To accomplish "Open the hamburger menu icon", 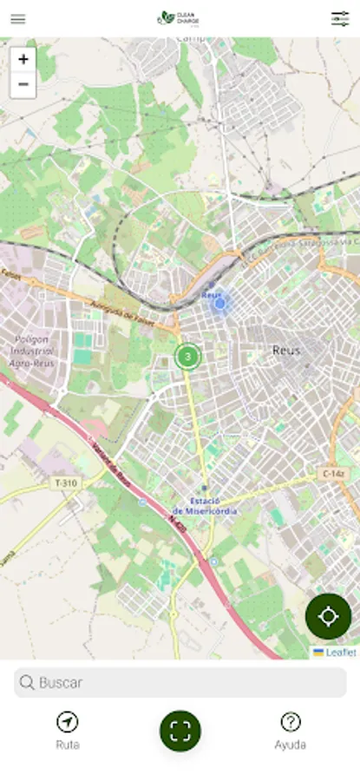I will pos(18,19).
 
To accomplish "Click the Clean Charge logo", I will pos(179,18).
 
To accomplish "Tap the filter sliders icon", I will pos(340,19).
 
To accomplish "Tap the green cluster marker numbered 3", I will pos(187,356).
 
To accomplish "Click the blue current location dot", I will pos(220,303).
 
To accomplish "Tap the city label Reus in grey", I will pos(286,351).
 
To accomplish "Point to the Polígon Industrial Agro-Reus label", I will pos(32,351).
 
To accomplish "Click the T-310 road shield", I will pos(65,483).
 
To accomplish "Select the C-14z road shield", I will pos(333,474).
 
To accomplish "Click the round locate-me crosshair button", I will pos(328,616).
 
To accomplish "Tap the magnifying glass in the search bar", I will pos(28,683).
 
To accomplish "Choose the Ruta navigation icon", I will pos(67,722).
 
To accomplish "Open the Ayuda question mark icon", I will pos(291,722).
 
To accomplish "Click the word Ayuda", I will pos(291,745).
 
